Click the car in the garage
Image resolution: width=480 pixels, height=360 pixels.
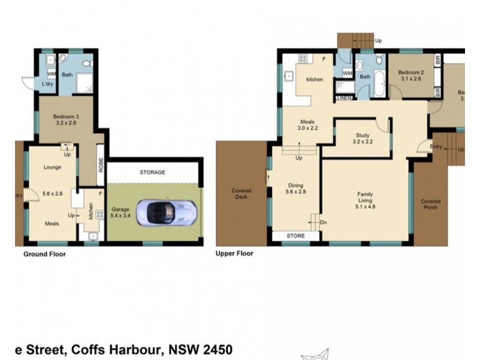click(x=166, y=212)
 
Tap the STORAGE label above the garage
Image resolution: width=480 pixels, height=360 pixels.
click(x=152, y=173)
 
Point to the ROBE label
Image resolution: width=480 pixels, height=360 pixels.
click(x=101, y=165)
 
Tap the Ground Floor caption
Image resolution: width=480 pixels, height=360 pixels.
click(x=44, y=254)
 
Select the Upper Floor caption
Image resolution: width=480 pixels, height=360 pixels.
click(x=234, y=254)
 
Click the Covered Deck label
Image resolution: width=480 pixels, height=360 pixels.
click(x=241, y=194)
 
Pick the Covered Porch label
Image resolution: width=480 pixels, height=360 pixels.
click(x=430, y=205)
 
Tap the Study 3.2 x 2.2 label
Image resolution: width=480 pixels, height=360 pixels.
click(x=362, y=139)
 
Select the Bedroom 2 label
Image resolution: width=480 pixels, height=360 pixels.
click(x=410, y=75)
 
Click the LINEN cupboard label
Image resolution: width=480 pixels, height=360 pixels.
click(x=344, y=97)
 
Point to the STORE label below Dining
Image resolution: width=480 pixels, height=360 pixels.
click(x=295, y=236)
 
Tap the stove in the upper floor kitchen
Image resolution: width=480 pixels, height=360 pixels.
click(x=302, y=59)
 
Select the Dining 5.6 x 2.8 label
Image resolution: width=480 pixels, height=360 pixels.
click(x=296, y=189)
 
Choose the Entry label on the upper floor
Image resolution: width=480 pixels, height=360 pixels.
click(x=436, y=146)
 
